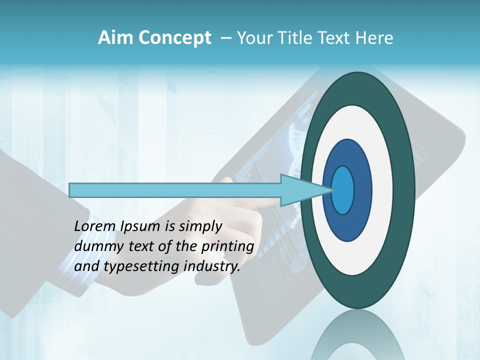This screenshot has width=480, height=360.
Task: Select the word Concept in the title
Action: pyautogui.click(x=175, y=38)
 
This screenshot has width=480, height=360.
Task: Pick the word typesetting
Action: pyautogui.click(x=141, y=267)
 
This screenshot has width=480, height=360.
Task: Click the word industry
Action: pyautogui.click(x=212, y=266)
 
